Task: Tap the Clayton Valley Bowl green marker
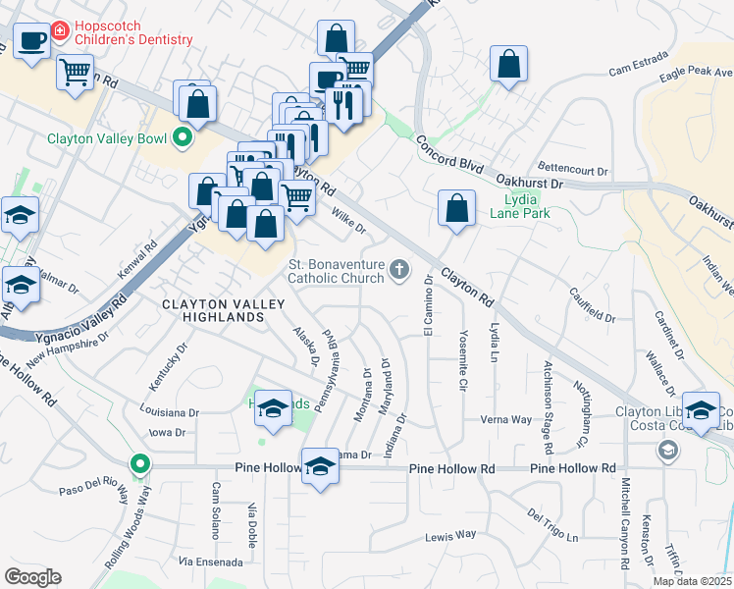pyautogui.click(x=182, y=138)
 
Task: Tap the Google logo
pyautogui.click(x=32, y=576)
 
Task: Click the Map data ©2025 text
pyautogui.click(x=692, y=580)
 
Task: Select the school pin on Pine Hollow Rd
pyautogui.click(x=320, y=466)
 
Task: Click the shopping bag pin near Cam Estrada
pyautogui.click(x=509, y=65)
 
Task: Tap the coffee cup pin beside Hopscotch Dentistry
pyautogui.click(x=31, y=42)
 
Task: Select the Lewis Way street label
pyautogui.click(x=449, y=535)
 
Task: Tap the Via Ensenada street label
pyautogui.click(x=210, y=562)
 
